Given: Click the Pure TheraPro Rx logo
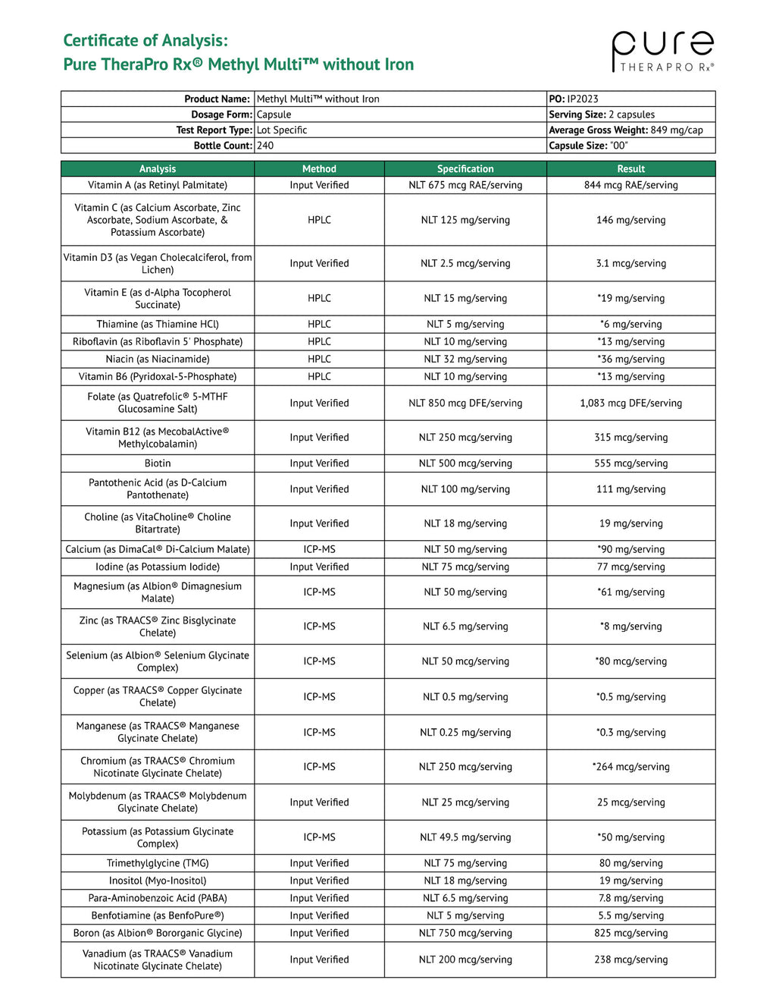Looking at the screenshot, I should [x=662, y=52].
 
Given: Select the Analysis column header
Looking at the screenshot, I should [x=158, y=169].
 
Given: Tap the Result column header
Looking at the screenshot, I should [x=630, y=169].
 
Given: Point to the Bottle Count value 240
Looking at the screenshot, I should [x=265, y=146].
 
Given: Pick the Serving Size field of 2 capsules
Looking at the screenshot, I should [x=602, y=115].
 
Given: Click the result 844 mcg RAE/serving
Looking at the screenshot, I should [x=630, y=185].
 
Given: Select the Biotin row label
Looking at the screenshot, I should [x=158, y=463].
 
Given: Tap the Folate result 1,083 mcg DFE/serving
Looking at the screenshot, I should [x=630, y=404].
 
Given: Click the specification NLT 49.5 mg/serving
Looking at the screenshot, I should [x=465, y=837].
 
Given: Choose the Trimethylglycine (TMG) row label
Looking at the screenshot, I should [x=158, y=863].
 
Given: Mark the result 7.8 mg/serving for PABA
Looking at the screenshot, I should [x=630, y=898].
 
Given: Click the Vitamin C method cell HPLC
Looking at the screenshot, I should [x=319, y=220].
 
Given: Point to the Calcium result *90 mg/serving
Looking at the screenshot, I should [x=630, y=549].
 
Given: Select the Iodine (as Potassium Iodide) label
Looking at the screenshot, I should [x=158, y=567].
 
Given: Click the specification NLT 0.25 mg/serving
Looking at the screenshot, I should [x=465, y=733].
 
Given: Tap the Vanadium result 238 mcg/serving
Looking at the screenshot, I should [x=630, y=959].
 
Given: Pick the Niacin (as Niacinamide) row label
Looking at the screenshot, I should [x=158, y=359].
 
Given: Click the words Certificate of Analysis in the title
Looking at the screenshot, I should [x=145, y=40].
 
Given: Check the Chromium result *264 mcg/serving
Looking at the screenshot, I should [x=630, y=767].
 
